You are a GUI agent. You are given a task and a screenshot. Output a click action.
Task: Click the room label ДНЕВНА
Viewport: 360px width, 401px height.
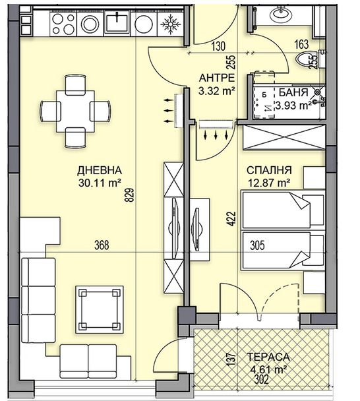[100, 170]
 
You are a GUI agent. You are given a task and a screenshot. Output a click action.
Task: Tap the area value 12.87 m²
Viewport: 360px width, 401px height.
[269, 183]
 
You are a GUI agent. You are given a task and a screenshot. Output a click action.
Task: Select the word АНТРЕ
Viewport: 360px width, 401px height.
[217, 78]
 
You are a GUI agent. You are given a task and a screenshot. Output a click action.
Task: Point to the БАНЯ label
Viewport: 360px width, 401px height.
[293, 92]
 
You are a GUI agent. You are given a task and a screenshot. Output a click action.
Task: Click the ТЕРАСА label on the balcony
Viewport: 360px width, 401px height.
[268, 357]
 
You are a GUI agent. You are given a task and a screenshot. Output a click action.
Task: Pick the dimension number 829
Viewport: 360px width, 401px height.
[129, 195]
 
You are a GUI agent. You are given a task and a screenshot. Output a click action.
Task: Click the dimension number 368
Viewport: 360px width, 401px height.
[102, 245]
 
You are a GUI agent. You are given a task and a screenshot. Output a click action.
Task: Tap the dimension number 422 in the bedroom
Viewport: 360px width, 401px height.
[231, 219]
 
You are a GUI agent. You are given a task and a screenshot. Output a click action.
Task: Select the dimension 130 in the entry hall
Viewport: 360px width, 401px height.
[218, 47]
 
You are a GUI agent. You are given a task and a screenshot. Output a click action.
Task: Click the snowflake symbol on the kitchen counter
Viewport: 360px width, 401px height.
[170, 24]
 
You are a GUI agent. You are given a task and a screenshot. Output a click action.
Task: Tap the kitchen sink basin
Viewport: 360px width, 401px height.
[117, 22]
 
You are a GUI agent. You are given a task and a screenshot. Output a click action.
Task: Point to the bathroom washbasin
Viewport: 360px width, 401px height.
[280, 15]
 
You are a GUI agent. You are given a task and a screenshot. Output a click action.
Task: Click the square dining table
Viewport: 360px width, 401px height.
[75, 111]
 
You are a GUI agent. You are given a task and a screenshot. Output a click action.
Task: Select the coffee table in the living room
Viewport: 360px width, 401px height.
[100, 309]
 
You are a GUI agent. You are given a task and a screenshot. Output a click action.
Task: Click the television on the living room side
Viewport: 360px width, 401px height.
[175, 228]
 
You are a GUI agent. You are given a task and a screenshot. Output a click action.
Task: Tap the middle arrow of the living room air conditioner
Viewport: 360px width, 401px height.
[168, 111]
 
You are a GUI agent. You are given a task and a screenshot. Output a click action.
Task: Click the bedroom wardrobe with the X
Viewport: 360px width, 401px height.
[284, 137]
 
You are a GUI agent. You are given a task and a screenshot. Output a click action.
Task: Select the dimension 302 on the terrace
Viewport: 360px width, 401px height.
[261, 379]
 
